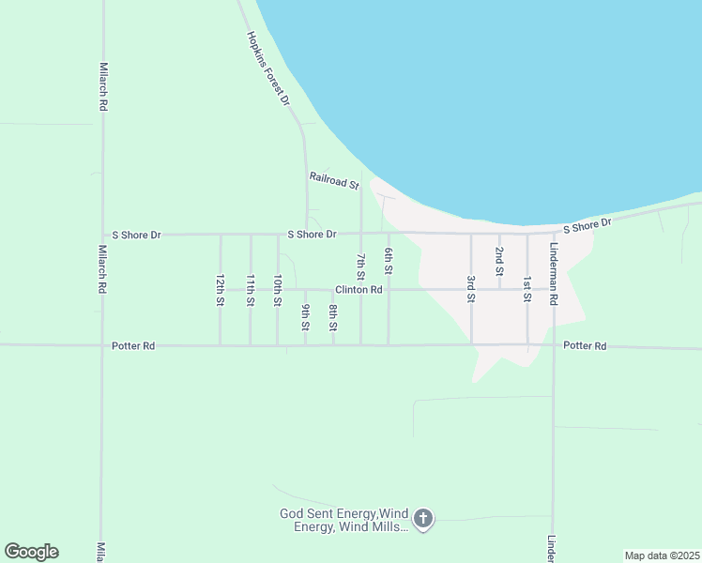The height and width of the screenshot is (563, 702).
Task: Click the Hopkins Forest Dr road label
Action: (268, 69)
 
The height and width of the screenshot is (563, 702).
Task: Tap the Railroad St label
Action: (334, 180)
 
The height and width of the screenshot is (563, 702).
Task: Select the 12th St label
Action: (220, 291)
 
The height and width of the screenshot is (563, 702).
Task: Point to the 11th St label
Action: (250, 291)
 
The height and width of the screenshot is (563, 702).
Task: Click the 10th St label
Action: (278, 291)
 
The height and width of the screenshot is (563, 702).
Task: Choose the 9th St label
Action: (306, 317)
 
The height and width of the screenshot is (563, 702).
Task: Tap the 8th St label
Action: (333, 317)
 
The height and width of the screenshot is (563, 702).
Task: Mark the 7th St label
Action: (360, 265)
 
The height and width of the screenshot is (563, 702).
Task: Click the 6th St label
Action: (389, 261)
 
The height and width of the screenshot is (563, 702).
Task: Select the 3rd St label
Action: (471, 289)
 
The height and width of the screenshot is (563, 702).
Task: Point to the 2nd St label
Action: (499, 255)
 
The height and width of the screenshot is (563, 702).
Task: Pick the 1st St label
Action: (527, 289)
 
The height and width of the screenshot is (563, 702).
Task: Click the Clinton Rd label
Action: (359, 290)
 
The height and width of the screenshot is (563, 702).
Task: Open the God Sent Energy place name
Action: (344, 520)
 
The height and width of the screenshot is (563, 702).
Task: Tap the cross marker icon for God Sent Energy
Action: (423, 518)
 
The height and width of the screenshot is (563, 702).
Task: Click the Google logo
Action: (31, 552)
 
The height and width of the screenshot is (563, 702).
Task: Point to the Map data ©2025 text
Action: (662, 555)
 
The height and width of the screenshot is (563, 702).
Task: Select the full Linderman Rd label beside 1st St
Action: (555, 273)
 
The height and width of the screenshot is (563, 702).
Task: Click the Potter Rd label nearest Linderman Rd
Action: (585, 346)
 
